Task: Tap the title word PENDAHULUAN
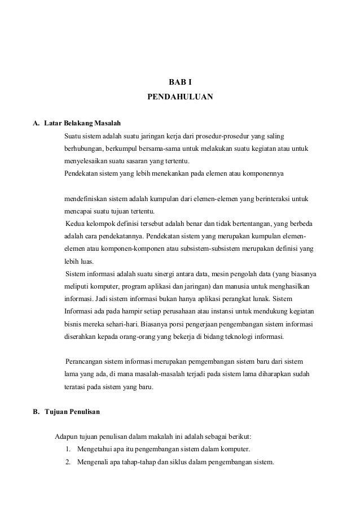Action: tap(180, 97)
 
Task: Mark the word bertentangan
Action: tap(274, 225)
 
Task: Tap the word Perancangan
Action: tap(86, 361)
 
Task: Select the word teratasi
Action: tap(74, 387)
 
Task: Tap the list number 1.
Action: tap(67, 450)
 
